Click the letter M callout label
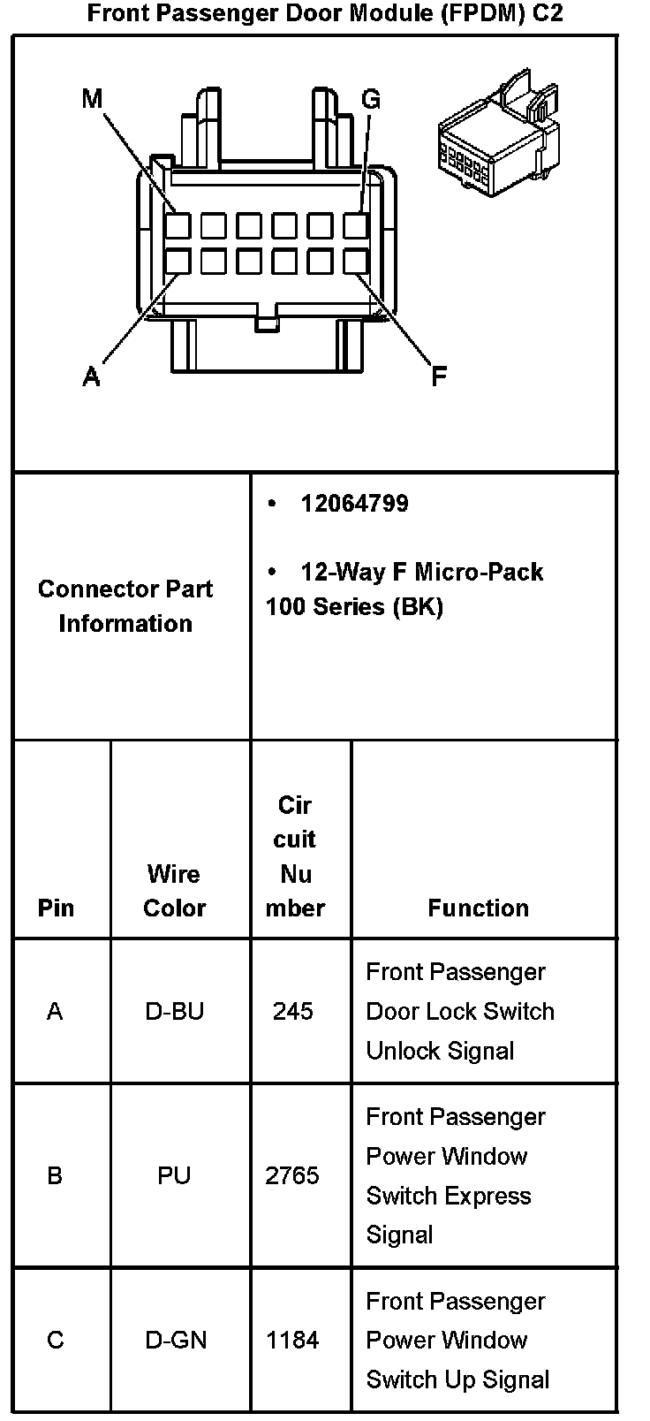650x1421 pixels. point(92,99)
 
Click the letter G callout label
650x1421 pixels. point(371,99)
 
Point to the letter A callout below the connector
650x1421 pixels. point(91,377)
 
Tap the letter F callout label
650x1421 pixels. point(439,377)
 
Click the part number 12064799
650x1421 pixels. point(354,504)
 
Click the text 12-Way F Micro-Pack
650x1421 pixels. point(421,572)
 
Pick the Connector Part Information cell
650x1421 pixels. point(125,606)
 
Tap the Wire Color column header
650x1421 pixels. point(174,891)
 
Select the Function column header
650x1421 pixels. point(478,908)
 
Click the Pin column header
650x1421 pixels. point(56,908)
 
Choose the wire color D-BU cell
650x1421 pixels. point(174,1011)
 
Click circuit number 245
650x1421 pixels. point(292,1011)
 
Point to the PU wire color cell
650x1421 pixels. point(174,1175)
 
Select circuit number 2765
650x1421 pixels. point(292,1175)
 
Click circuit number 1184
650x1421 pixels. point(292,1340)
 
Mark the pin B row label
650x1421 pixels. point(55,1175)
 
